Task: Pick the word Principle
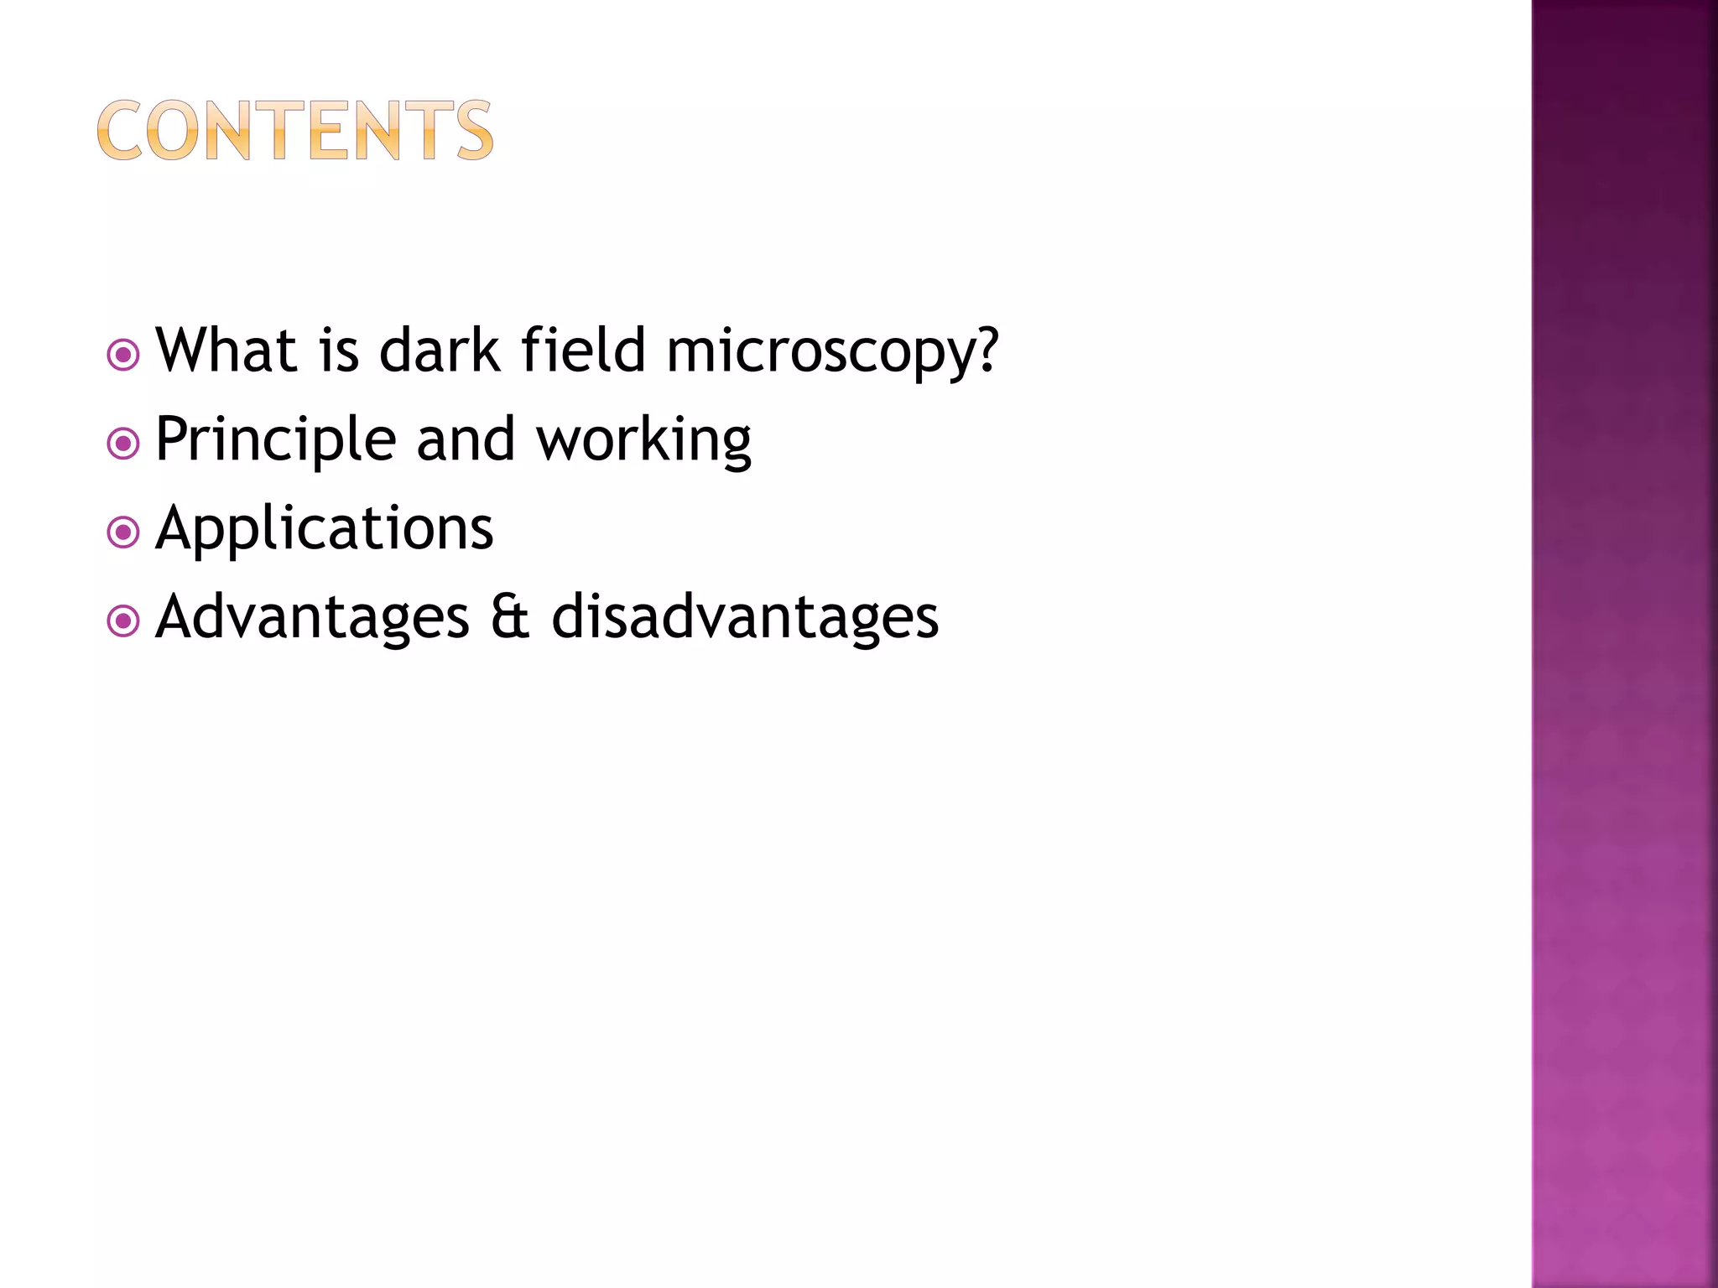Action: tap(276, 439)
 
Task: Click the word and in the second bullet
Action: tap(466, 439)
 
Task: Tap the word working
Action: tap(644, 441)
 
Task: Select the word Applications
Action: tap(325, 530)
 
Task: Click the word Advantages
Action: tap(313, 619)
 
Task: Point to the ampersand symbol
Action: tap(510, 617)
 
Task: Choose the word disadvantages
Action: tap(745, 617)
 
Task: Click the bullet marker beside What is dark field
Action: tap(123, 355)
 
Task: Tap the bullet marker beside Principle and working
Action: tap(123, 444)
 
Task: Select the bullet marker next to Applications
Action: tap(123, 532)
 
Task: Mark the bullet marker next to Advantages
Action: tap(123, 621)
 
